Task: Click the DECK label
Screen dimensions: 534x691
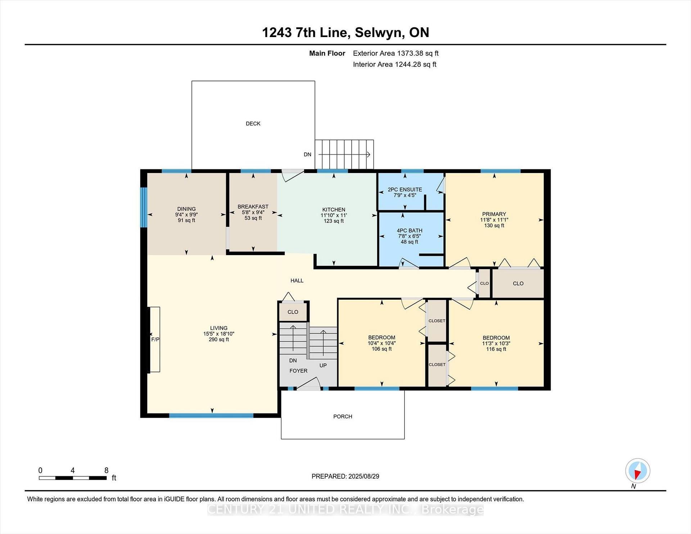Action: [x=253, y=123]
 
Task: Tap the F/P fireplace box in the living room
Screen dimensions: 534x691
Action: [x=155, y=339]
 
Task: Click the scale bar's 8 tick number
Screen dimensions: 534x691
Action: [x=106, y=470]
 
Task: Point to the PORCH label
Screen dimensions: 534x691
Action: [x=343, y=416]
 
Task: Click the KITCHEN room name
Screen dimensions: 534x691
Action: [x=334, y=209]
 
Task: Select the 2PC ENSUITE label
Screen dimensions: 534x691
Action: [x=405, y=190]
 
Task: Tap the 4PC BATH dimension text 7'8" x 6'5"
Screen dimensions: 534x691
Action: [x=410, y=236]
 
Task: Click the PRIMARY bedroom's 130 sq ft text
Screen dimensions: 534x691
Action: [x=494, y=226]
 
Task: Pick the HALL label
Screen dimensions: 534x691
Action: [x=297, y=280]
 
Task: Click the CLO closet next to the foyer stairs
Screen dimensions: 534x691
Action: [x=293, y=312]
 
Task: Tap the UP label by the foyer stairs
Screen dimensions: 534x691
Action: [x=323, y=365]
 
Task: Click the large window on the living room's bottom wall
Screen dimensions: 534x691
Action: [x=211, y=415]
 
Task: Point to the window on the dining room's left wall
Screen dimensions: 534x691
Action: [x=144, y=207]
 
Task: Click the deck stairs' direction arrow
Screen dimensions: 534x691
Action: [x=344, y=155]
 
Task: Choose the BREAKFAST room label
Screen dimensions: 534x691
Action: [x=253, y=207]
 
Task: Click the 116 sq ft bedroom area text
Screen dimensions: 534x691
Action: [x=496, y=349]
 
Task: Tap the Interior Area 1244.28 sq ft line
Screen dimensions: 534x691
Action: [x=394, y=64]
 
